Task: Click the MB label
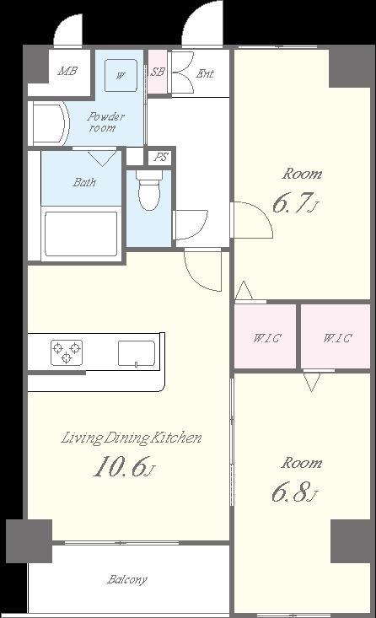tap(67, 72)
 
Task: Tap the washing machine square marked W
tap(121, 75)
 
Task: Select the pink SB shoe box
tap(158, 72)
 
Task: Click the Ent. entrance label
tap(205, 73)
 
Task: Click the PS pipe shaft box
tap(160, 158)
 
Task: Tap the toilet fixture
tap(149, 190)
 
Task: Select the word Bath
tap(84, 182)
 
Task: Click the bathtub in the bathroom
tap(81, 234)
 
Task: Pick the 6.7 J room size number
tap(295, 203)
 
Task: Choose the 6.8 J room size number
tap(294, 492)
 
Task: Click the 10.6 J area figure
tap(124, 466)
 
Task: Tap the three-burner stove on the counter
tap(67, 352)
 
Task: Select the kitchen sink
tap(137, 353)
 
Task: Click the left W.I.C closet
tap(266, 336)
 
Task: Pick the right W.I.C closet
tap(336, 336)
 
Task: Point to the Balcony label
tap(127, 580)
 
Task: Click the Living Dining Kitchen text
tap(132, 438)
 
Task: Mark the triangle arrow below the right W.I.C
tap(312, 382)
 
